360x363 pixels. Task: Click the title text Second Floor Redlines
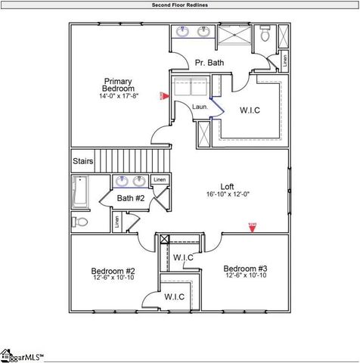click(x=180, y=5)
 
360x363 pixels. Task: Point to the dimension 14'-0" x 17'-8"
click(x=119, y=96)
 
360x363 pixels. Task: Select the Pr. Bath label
click(x=209, y=63)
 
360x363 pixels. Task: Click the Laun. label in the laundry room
click(x=200, y=107)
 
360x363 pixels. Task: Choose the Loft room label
click(x=227, y=186)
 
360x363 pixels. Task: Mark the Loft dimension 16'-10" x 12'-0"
click(x=227, y=194)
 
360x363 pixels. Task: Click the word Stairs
click(x=83, y=161)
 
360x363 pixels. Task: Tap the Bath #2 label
click(x=130, y=198)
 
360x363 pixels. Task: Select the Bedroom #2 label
click(x=113, y=271)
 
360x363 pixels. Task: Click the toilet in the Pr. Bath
click(x=265, y=35)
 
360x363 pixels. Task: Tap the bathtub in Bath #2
click(x=79, y=192)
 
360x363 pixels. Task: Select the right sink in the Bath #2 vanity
click(x=139, y=181)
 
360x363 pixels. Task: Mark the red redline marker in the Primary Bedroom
click(x=162, y=96)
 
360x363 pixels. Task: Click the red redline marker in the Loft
click(x=252, y=225)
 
